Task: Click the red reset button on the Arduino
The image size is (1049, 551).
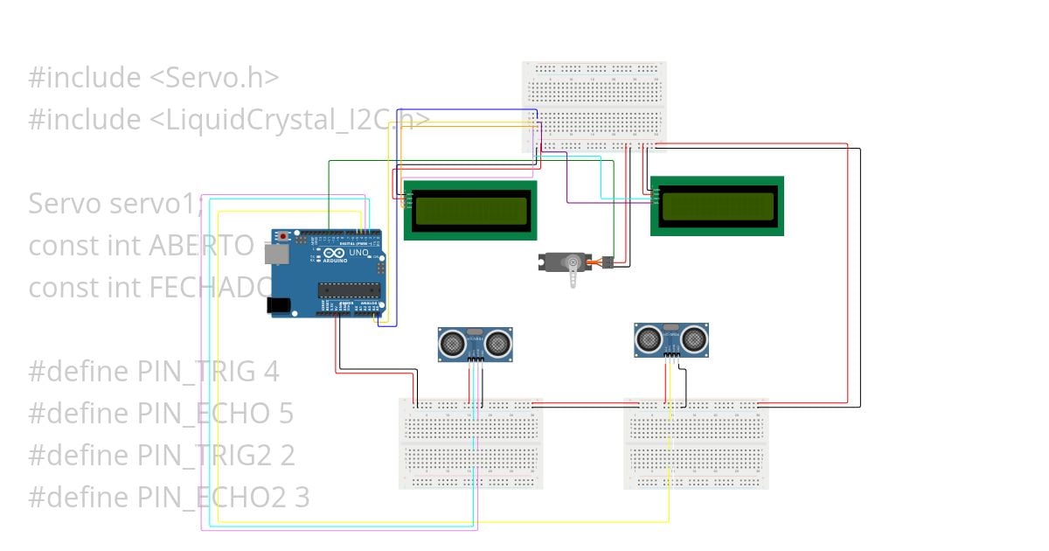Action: pyautogui.click(x=283, y=235)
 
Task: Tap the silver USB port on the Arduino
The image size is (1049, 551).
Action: pyautogui.click(x=275, y=253)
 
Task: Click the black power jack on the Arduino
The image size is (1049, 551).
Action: pyautogui.click(x=278, y=305)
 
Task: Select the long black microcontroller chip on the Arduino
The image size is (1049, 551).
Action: pyautogui.click(x=348, y=290)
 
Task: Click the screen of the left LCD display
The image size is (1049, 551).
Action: pyautogui.click(x=470, y=210)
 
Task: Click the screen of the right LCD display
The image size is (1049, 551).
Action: pyautogui.click(x=717, y=206)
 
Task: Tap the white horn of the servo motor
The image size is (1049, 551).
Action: pyautogui.click(x=573, y=274)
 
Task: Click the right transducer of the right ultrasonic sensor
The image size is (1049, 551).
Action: pyautogui.click(x=694, y=338)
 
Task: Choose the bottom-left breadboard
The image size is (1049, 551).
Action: pyautogui.click(x=471, y=443)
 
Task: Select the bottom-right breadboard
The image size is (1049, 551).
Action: pyautogui.click(x=697, y=443)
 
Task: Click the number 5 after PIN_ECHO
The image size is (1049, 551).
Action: pyautogui.click(x=287, y=414)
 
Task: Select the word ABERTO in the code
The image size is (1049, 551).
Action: pyautogui.click(x=202, y=246)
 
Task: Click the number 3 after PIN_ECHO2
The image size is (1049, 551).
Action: pyautogui.click(x=302, y=498)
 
